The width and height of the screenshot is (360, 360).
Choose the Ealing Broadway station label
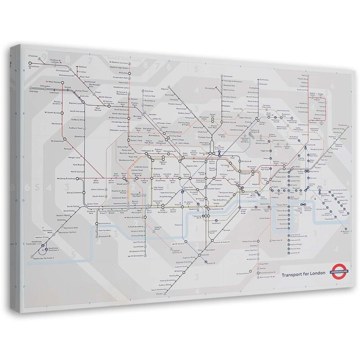click(67, 179)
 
